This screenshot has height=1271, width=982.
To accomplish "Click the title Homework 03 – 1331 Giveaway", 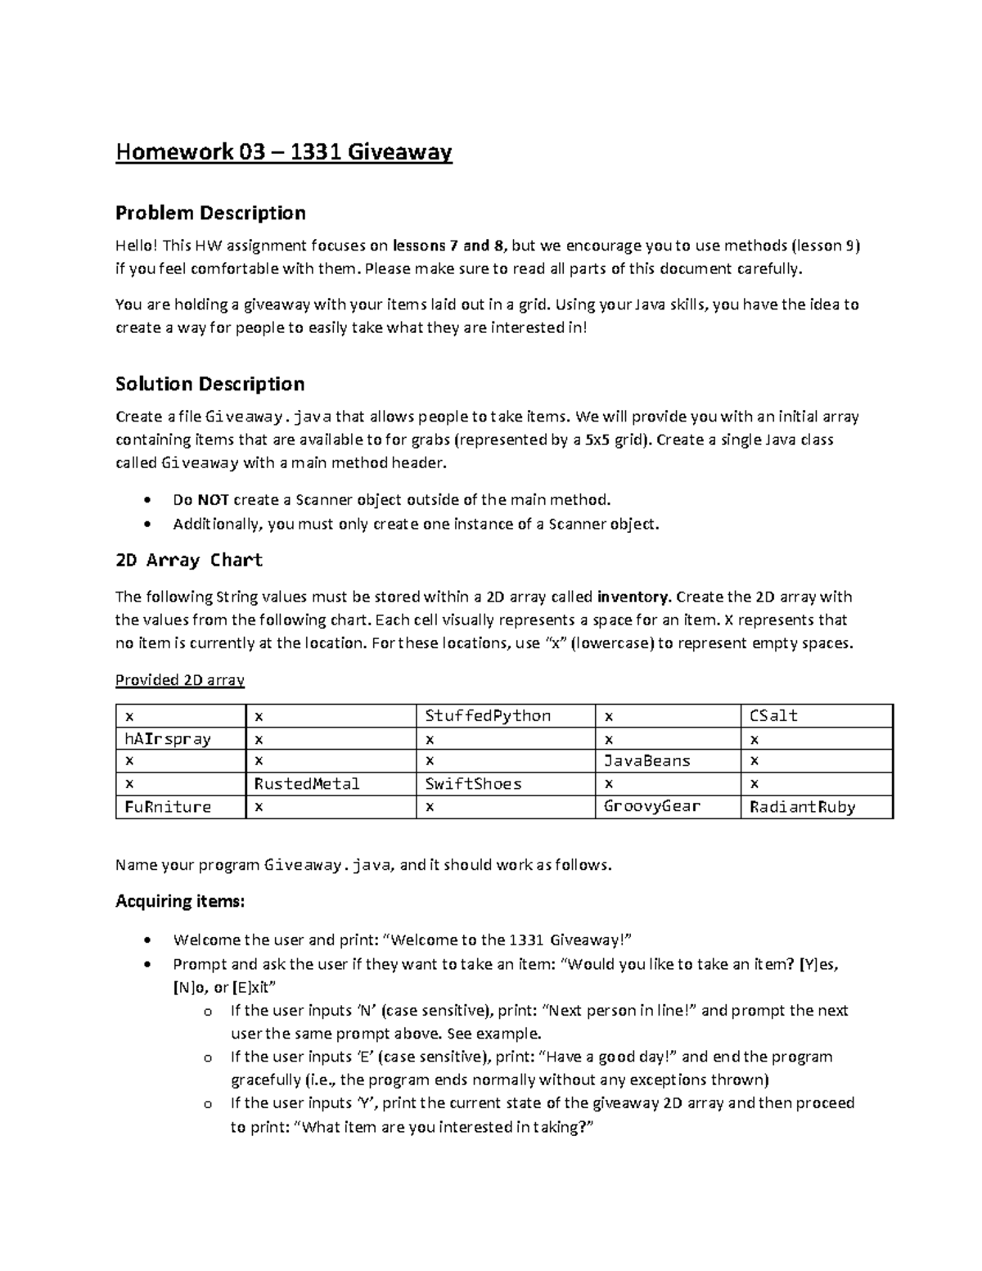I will click(x=283, y=152).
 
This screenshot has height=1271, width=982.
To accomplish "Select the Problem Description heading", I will click(x=210, y=213).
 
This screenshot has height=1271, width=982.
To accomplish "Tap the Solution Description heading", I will click(x=209, y=384).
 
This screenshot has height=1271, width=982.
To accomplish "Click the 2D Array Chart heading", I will click(x=188, y=560).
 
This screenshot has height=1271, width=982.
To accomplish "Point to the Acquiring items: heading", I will click(x=179, y=901).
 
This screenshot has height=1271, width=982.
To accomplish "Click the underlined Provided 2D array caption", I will click(x=180, y=679).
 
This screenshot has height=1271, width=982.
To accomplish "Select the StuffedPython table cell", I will click(x=488, y=715).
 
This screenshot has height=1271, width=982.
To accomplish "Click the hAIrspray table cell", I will click(x=167, y=738).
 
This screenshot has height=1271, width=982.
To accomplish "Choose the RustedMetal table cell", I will click(x=307, y=783).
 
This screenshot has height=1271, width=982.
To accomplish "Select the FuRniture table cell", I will click(x=167, y=806).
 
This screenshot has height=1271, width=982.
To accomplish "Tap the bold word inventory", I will click(x=633, y=597).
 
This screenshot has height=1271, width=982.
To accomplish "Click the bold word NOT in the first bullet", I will click(x=213, y=500).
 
